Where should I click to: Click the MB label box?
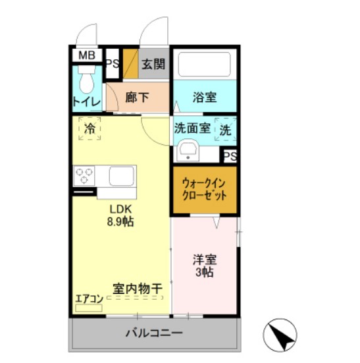87,55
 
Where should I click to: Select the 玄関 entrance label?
153,64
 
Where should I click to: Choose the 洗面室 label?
192,128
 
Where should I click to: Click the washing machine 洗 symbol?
226,129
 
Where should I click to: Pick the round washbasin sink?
189,150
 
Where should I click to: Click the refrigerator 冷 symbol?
89,128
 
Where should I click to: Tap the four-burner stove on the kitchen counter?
84,176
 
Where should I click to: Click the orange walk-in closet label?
204,190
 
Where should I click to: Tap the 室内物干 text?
138,288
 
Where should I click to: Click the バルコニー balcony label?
154,333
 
